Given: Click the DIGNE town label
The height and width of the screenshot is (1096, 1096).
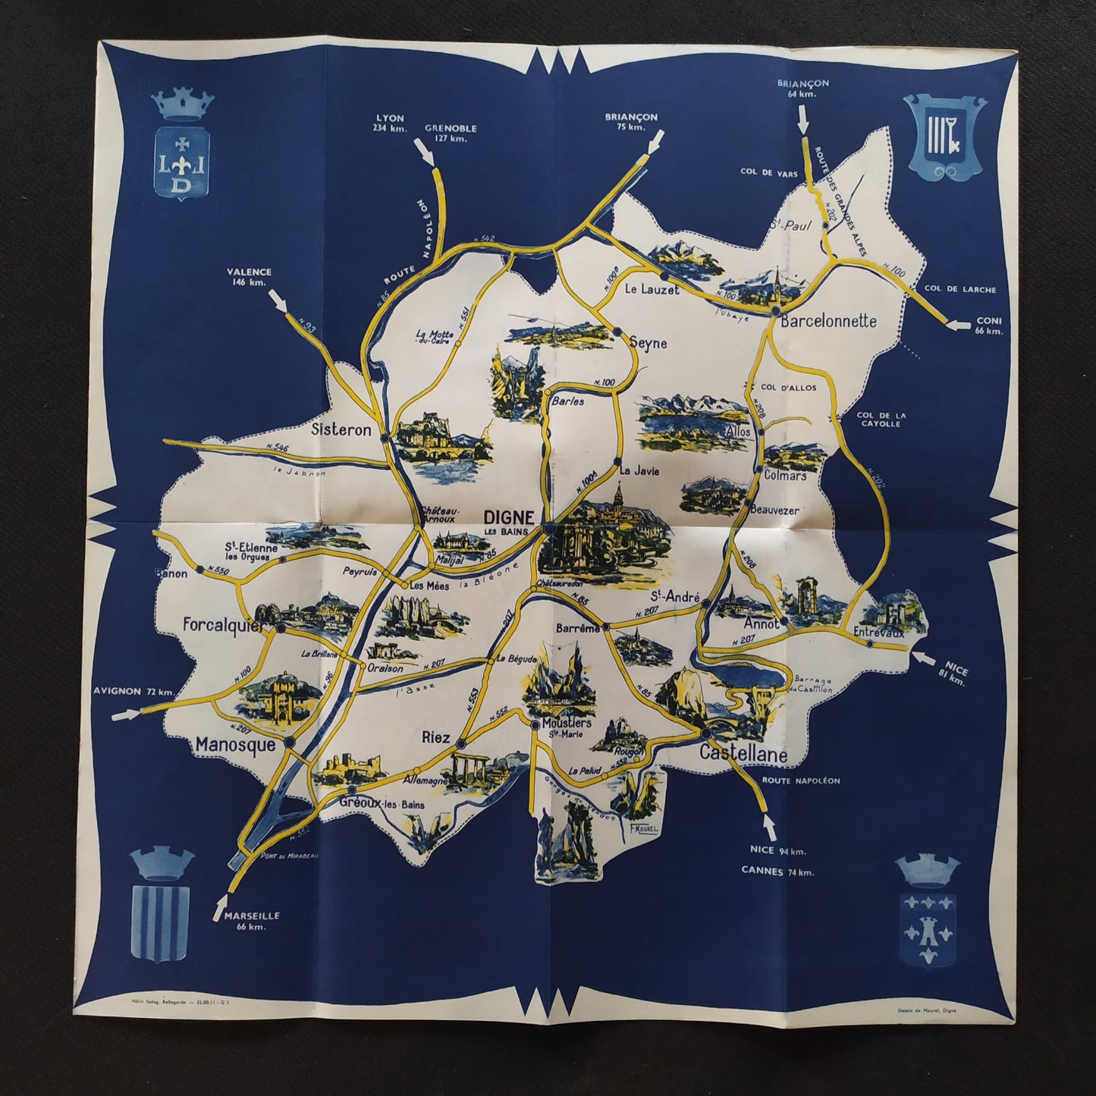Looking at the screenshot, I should tap(508, 517).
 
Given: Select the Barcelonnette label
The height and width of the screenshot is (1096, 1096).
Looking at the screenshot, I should tap(828, 321).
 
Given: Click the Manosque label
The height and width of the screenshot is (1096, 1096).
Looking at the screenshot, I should tap(235, 745).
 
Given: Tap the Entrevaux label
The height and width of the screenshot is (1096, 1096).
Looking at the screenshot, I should tap(879, 631).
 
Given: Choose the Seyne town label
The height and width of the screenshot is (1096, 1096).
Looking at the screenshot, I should tap(648, 344).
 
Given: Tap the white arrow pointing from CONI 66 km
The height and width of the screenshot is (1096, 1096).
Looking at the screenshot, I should tap(959, 325).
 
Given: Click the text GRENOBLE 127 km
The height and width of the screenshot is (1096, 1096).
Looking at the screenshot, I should tap(451, 133).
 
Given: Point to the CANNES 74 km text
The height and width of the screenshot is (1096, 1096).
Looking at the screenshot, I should tap(777, 871).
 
